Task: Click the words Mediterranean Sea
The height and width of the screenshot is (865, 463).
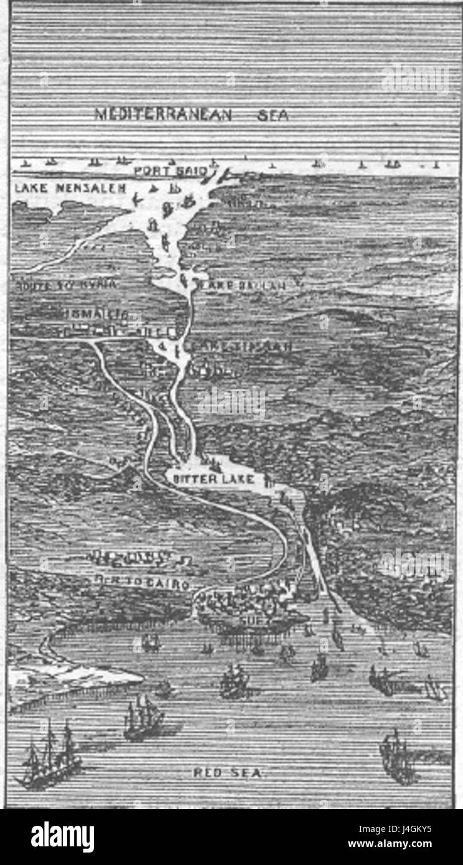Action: coord(191,115)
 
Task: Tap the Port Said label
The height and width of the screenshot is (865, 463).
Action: coord(172,170)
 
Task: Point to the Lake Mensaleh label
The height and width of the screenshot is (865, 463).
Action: coord(70,187)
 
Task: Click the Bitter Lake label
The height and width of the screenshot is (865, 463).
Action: coord(213,479)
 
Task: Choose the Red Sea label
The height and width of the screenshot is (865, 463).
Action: coord(229,773)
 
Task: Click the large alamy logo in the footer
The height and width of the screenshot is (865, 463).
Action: coord(62,837)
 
